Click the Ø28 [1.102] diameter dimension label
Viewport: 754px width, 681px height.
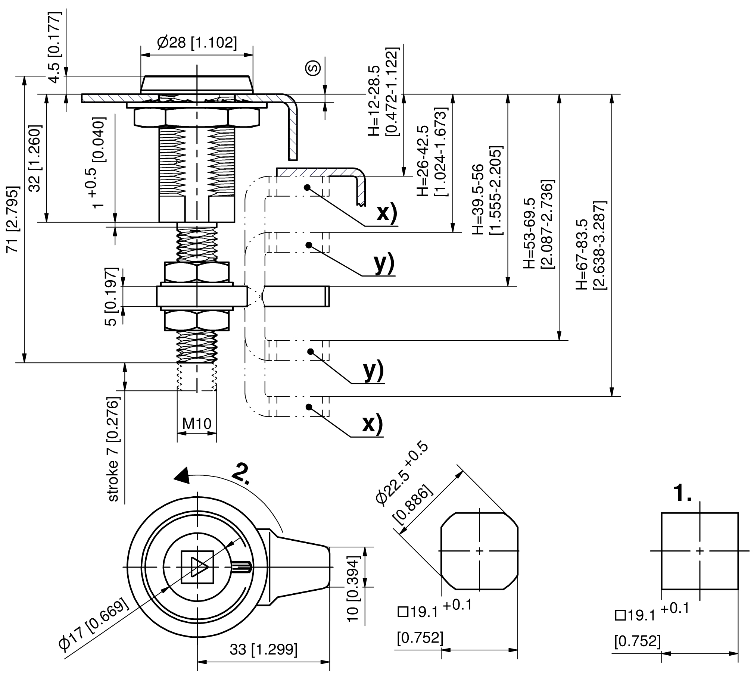[x=197, y=42]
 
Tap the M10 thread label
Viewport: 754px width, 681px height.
[x=197, y=424]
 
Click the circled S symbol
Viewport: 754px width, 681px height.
[x=314, y=68]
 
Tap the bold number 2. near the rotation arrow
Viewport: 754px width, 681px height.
[x=241, y=474]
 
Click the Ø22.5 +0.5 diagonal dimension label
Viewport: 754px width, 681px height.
[x=402, y=474]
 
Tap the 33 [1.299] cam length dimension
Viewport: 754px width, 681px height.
[x=263, y=650]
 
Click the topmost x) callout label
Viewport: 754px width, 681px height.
[x=387, y=213]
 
